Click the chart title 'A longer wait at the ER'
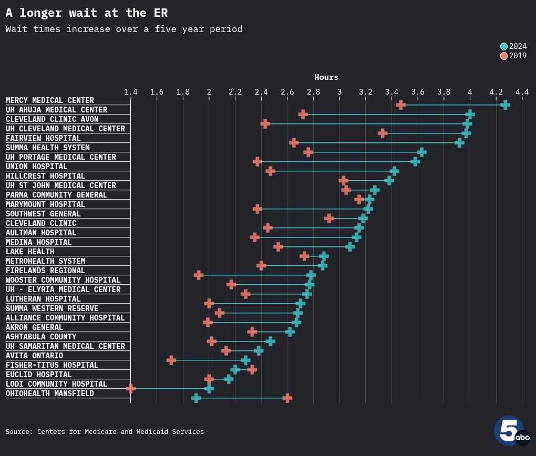[87, 13]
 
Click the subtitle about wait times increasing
[124, 29]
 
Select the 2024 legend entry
[513, 46]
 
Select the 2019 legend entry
[513, 56]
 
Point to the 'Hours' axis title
[326, 77]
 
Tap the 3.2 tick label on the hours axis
[366, 92]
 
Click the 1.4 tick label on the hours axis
[131, 92]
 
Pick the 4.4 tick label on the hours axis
[522, 92]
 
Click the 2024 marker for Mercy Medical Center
[505, 105]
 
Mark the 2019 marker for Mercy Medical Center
[401, 105]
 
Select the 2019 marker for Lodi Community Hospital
[131, 389]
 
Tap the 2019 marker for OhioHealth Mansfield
[287, 398]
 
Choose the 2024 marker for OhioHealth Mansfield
[196, 398]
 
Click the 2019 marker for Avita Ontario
[171, 360]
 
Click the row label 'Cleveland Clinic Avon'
[52, 119]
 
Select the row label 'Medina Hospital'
[39, 242]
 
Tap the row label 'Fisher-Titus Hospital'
[52, 365]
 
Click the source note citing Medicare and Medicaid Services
[105, 432]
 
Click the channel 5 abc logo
[511, 431]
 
